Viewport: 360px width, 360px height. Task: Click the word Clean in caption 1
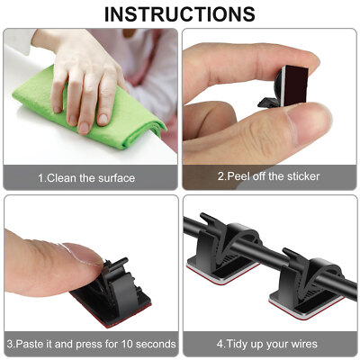(66, 178)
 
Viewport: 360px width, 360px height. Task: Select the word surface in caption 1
(114, 178)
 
